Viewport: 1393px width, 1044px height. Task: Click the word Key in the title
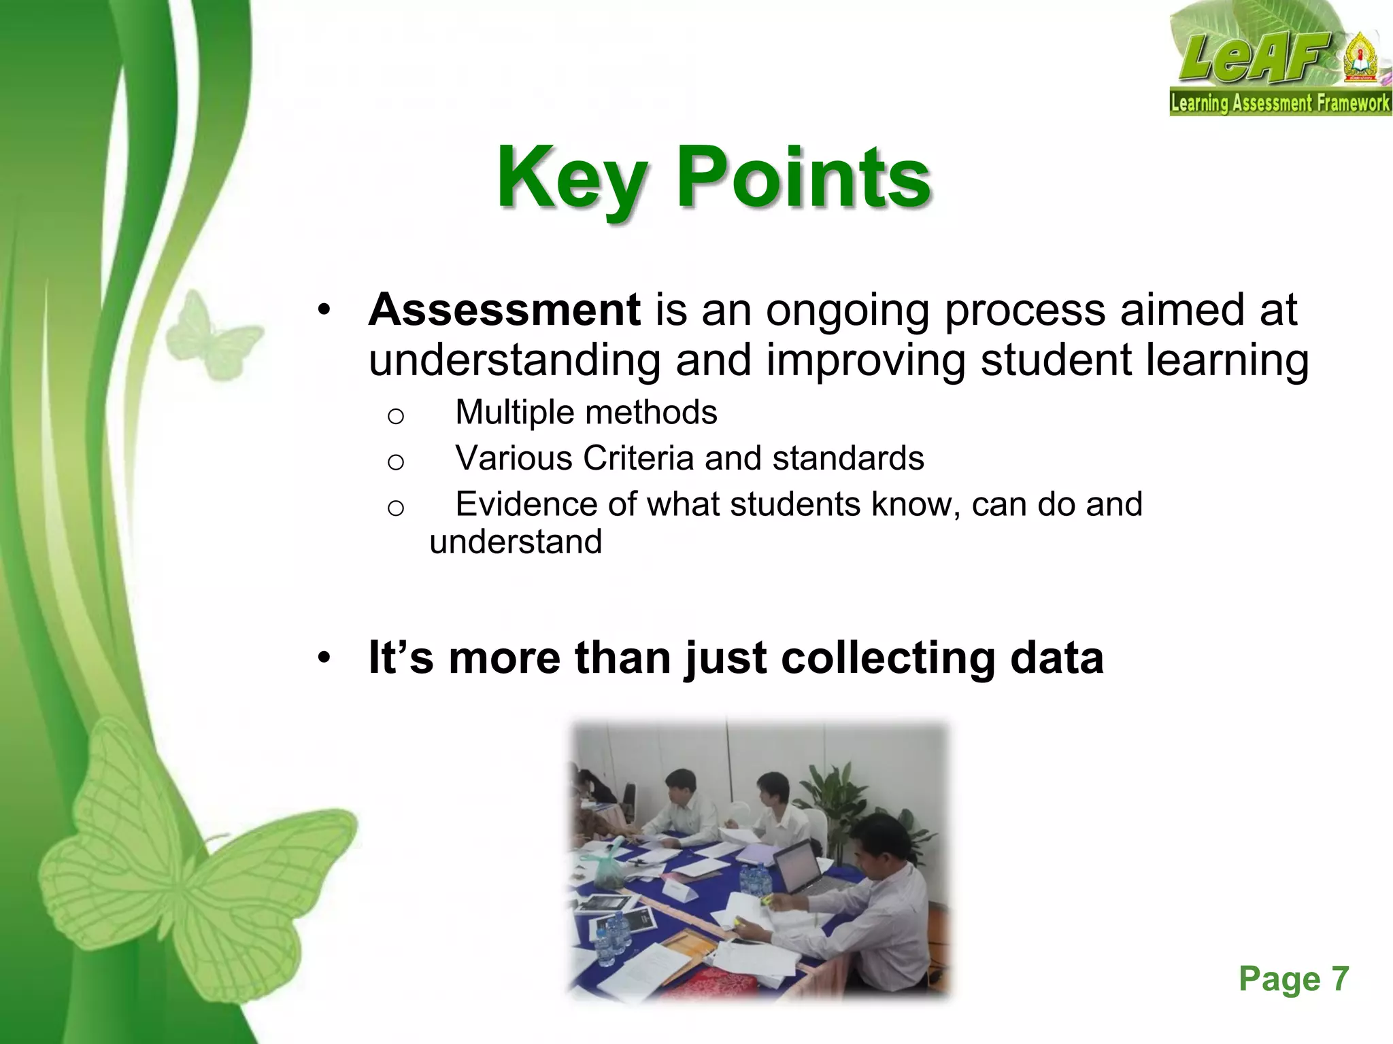coord(570,178)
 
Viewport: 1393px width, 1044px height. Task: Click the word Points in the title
coord(803,178)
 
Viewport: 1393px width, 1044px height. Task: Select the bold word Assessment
coord(504,310)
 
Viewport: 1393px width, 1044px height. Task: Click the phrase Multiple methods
coord(586,412)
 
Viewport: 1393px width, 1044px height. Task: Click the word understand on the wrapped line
coord(516,542)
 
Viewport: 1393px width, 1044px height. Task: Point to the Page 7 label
coord(1293,979)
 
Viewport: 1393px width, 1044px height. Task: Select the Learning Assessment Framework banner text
coord(1279,103)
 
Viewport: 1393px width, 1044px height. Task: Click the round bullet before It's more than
coord(324,658)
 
